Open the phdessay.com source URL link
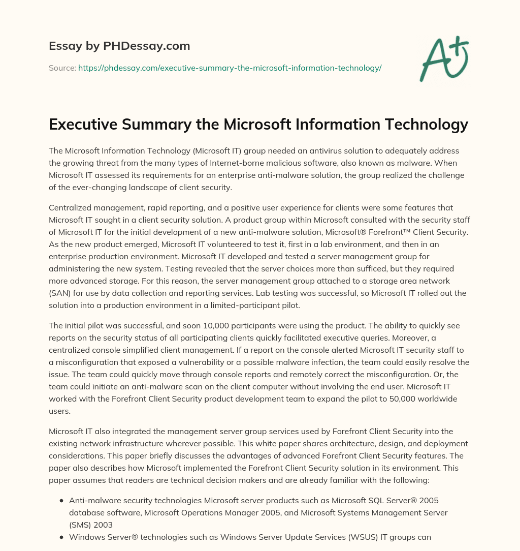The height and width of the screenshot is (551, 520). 230,68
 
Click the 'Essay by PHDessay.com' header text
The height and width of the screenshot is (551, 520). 119,46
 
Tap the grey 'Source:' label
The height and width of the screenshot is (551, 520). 62,68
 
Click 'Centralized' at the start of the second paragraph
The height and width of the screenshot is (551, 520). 69,208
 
